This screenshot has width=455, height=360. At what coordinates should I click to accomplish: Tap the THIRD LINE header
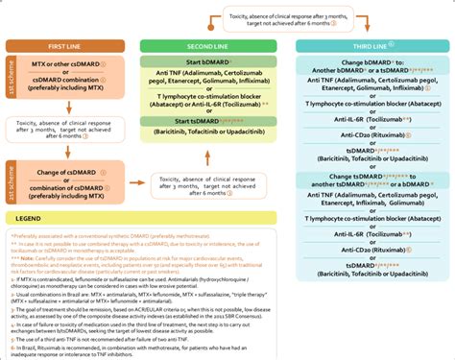369,45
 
